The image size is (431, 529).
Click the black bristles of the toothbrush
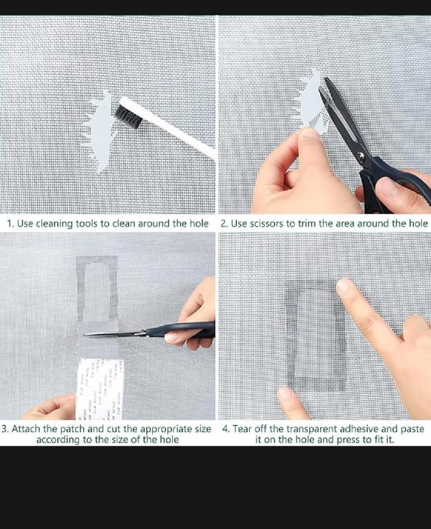pyautogui.click(x=128, y=116)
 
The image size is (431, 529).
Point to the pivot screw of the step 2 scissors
pyautogui.click(x=361, y=156)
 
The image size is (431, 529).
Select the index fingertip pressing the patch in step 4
pyautogui.click(x=344, y=286)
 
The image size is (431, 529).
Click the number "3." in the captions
pyautogui.click(x=5, y=429)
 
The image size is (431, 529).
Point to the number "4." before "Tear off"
pyautogui.click(x=226, y=429)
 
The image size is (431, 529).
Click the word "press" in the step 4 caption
pyautogui.click(x=348, y=440)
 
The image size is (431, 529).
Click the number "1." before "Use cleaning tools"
pyautogui.click(x=11, y=224)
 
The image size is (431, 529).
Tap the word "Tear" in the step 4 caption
pyautogui.click(x=242, y=429)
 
